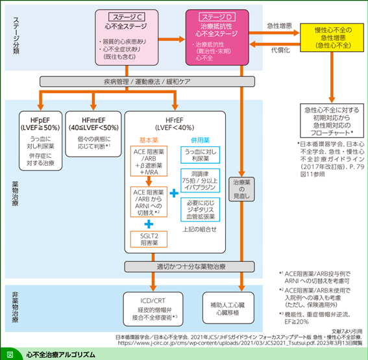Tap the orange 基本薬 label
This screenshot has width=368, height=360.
(149, 140)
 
